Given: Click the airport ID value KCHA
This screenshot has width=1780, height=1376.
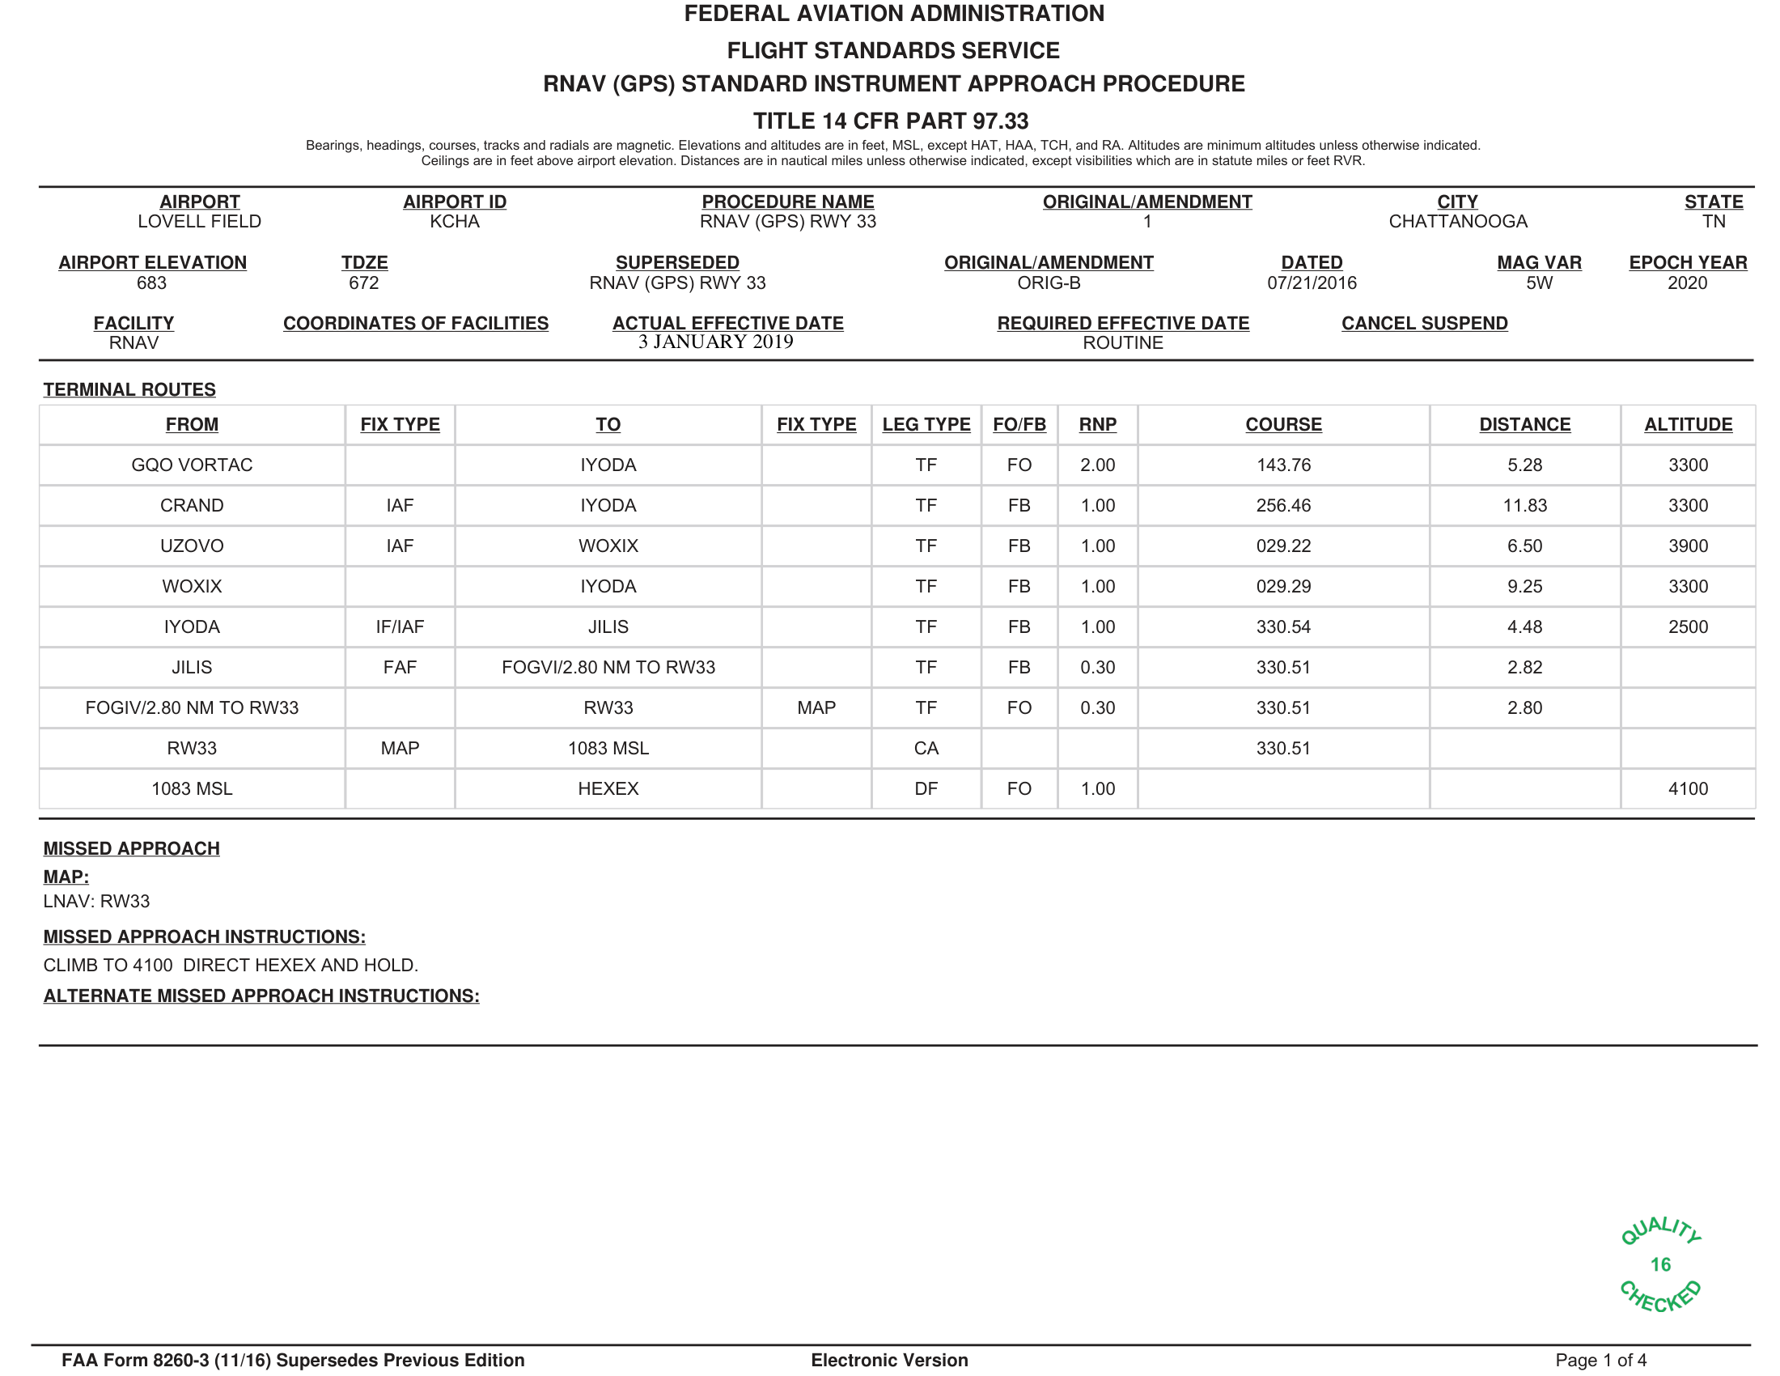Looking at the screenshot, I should pos(454,222).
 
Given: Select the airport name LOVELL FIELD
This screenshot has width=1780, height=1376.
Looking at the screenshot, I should pos(199,222).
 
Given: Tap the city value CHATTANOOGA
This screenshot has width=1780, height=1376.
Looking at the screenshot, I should pos(1457,222).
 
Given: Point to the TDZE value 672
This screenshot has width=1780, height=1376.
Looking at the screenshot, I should pos(363,282).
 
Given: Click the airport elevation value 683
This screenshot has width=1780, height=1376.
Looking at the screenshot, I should pos(151,282).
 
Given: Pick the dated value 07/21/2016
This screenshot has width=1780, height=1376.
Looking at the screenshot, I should pos(1312,282).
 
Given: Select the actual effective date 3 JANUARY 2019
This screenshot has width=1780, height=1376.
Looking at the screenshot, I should pos(715,342).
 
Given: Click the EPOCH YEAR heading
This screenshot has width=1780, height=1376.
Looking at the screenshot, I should pos(1687,262).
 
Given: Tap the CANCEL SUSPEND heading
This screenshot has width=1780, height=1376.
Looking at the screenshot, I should pos(1424,323).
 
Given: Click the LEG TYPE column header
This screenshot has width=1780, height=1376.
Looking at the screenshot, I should pos(926,425).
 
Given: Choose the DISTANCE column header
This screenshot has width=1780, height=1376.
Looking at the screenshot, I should pos(1524,425).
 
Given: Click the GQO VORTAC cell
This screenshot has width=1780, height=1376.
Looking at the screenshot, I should pos(192,465).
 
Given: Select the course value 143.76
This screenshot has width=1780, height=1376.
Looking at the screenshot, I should pos(1283,465).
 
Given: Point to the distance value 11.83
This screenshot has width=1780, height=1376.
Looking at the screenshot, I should pos(1524,505).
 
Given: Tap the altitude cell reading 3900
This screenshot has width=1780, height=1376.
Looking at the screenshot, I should pos(1687,546).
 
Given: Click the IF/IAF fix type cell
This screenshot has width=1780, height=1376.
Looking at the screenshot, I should pos(400,626).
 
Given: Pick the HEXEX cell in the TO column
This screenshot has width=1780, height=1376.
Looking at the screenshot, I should pos(608,789).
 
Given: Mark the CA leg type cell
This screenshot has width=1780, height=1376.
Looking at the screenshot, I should pos(926,749).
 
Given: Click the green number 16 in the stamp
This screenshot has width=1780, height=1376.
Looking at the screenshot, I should pos(1660,1264).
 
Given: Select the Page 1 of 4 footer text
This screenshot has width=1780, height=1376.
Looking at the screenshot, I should pos(1600,1360).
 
